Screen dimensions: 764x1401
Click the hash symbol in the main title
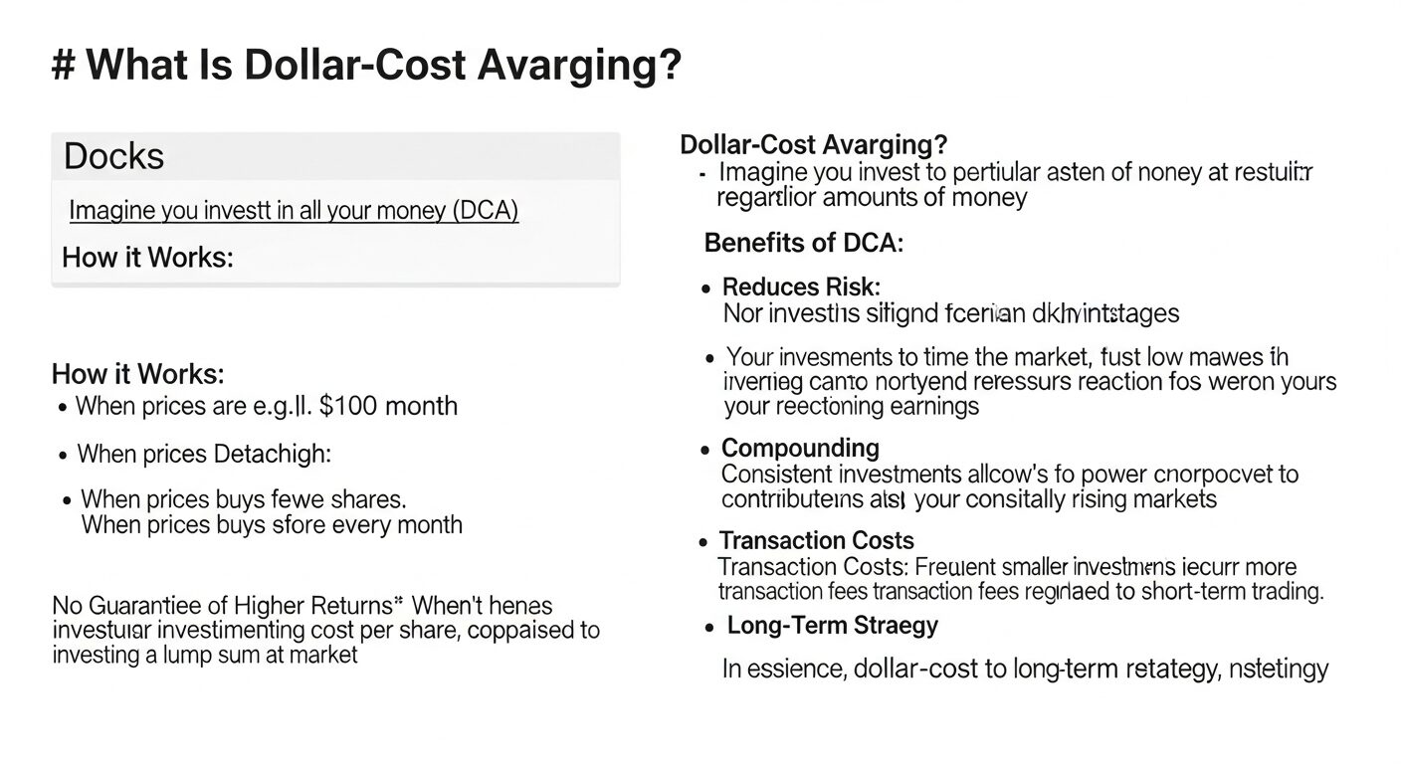click(x=64, y=67)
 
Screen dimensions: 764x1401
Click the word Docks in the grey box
click(x=113, y=157)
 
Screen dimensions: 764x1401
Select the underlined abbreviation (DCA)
click(x=487, y=211)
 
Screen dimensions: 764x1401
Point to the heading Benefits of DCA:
click(x=803, y=243)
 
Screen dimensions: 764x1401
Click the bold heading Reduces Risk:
click(x=801, y=287)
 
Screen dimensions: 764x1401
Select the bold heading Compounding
click(x=800, y=448)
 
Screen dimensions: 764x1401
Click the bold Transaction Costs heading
click(x=816, y=540)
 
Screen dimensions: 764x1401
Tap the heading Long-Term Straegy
click(x=832, y=626)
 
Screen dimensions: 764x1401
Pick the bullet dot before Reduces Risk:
click(x=705, y=289)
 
